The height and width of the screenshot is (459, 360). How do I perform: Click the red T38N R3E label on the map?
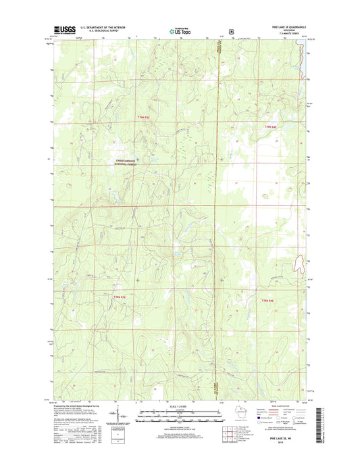pyautogui.click(x=120, y=295)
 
